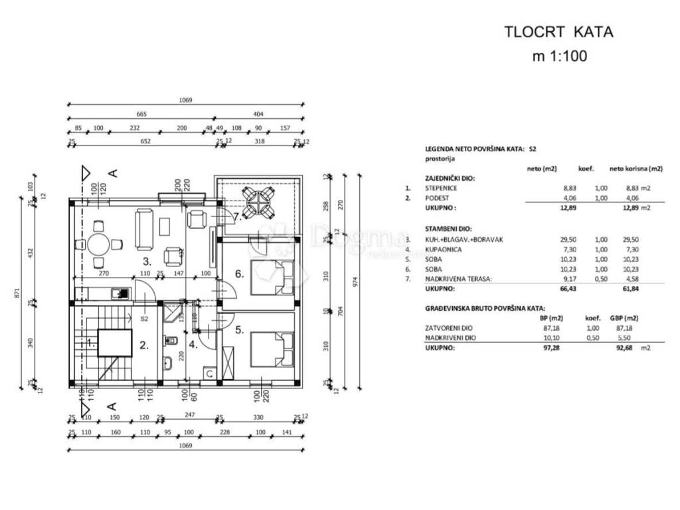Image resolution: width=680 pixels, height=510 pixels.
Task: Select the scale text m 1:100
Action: pos(559,56)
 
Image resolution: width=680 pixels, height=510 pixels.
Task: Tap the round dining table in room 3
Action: pos(98,244)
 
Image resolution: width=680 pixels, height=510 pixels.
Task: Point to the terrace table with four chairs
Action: pos(257,202)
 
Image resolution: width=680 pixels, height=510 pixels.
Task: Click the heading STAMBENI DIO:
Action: pos(450,228)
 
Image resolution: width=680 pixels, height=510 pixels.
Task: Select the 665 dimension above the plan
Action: pos(141,114)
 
